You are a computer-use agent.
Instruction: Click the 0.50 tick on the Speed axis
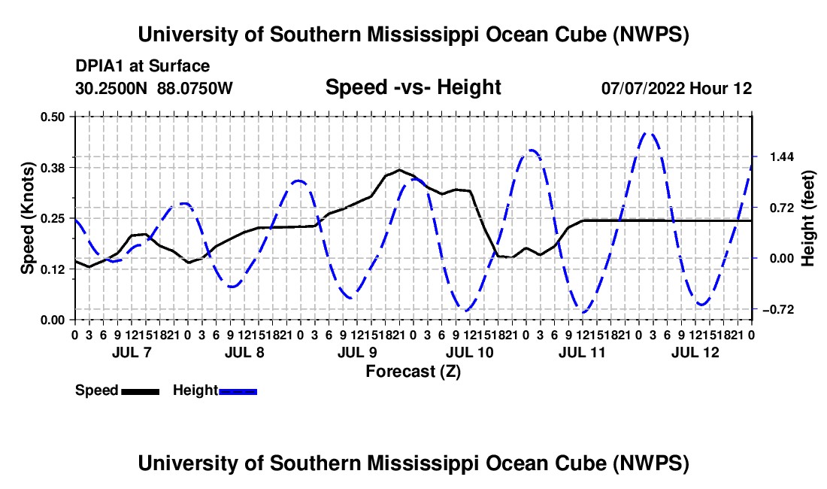(x=52, y=117)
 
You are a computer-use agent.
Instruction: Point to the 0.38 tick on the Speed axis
(x=52, y=168)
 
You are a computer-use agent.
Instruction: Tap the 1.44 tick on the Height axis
(x=782, y=156)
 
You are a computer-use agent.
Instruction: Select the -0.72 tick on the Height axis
(x=778, y=309)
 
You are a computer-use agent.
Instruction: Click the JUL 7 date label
(x=132, y=352)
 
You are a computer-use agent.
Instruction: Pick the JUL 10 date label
(x=469, y=352)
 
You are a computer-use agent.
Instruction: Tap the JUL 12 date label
(x=695, y=352)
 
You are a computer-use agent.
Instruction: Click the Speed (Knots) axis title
(x=27, y=218)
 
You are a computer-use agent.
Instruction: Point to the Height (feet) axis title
(x=808, y=218)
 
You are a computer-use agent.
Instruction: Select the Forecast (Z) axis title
(x=413, y=372)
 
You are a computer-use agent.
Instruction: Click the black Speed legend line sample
(x=141, y=391)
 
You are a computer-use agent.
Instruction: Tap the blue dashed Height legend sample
(x=238, y=391)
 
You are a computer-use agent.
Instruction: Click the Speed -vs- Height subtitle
(x=413, y=87)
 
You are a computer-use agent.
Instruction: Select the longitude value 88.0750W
(x=195, y=88)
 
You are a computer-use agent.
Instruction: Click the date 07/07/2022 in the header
(x=643, y=88)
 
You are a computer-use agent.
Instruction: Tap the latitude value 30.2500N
(x=111, y=88)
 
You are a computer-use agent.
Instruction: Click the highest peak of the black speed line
(x=399, y=170)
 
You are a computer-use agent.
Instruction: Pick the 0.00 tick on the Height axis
(x=782, y=259)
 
